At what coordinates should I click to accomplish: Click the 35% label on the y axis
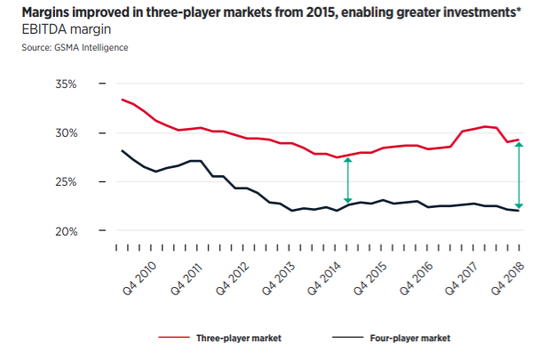68,84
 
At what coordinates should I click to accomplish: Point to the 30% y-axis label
68,133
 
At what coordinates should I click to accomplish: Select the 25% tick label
68,182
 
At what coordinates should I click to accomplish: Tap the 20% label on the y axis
68,231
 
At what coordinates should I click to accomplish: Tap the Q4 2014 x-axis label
330,275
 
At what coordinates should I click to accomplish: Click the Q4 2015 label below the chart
376,275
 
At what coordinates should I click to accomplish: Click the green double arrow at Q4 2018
519,174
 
